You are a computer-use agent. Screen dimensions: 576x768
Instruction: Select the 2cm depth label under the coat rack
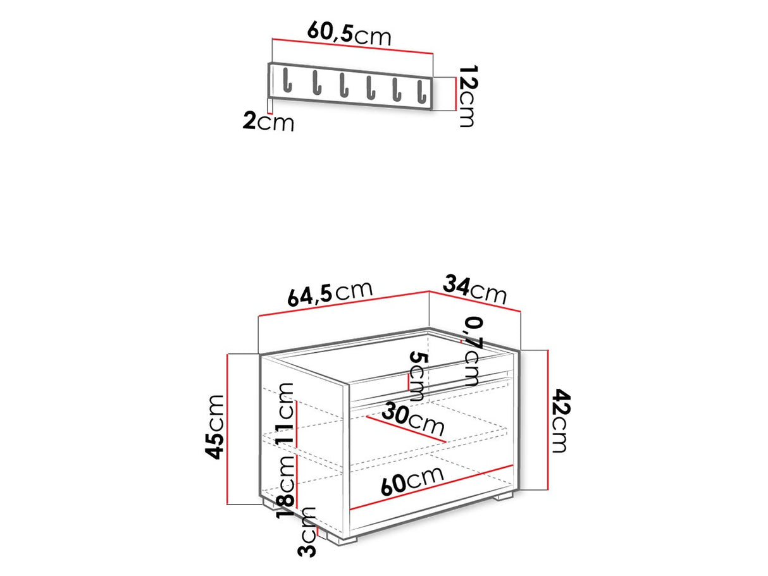[269, 121]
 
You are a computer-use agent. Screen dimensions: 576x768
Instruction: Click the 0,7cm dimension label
[472, 351]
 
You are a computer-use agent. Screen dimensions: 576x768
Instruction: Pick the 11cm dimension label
[285, 414]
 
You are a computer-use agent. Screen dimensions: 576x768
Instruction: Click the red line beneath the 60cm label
[430, 487]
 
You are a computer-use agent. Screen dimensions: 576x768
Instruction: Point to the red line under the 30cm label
[405, 428]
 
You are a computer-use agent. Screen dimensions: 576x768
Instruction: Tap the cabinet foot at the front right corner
[503, 497]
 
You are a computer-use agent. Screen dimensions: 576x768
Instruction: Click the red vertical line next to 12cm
[455, 94]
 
